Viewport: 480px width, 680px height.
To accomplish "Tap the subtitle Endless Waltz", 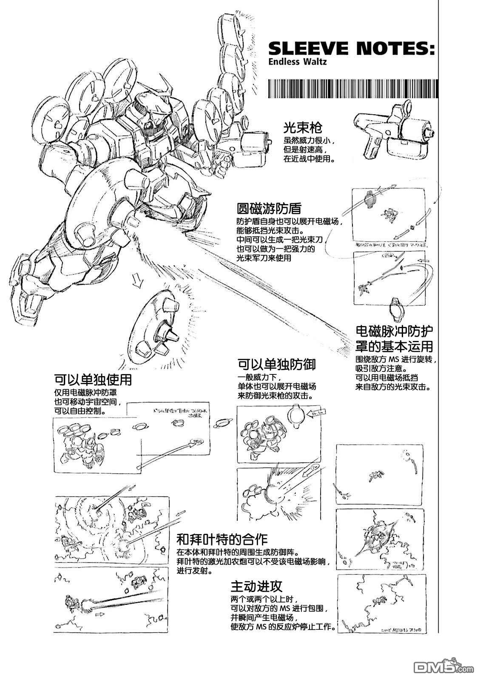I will (x=297, y=62).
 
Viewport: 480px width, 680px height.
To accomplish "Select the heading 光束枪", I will (x=303, y=128).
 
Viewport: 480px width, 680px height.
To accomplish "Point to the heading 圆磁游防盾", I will (x=269, y=209).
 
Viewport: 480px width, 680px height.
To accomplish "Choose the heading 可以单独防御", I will (x=276, y=364).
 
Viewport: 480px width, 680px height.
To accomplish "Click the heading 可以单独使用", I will (x=93, y=379).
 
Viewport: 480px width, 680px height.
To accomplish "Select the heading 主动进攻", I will (x=256, y=587).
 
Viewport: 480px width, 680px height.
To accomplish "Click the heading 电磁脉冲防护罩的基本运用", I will (x=394, y=339).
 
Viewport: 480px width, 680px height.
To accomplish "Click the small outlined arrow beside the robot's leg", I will (x=137, y=279).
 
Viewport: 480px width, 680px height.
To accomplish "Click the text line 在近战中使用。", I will (x=309, y=159).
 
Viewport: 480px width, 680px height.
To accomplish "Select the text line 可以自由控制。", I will (x=80, y=412).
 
